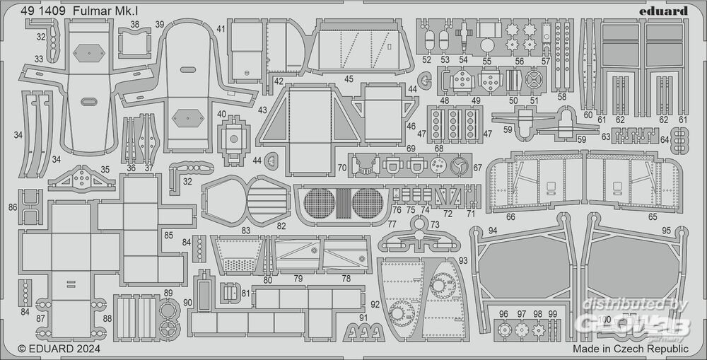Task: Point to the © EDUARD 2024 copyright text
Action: (59, 349)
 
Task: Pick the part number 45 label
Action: (349, 80)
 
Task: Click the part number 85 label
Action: (168, 234)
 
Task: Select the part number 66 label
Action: (510, 216)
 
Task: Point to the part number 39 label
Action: (160, 25)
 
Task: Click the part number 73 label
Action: (435, 224)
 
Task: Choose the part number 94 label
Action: (492, 231)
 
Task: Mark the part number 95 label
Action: (666, 231)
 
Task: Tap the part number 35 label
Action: (105, 170)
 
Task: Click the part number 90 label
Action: (187, 303)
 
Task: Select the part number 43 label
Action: (262, 110)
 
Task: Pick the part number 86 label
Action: (13, 207)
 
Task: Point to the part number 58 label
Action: (561, 96)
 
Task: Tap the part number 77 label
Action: (392, 223)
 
